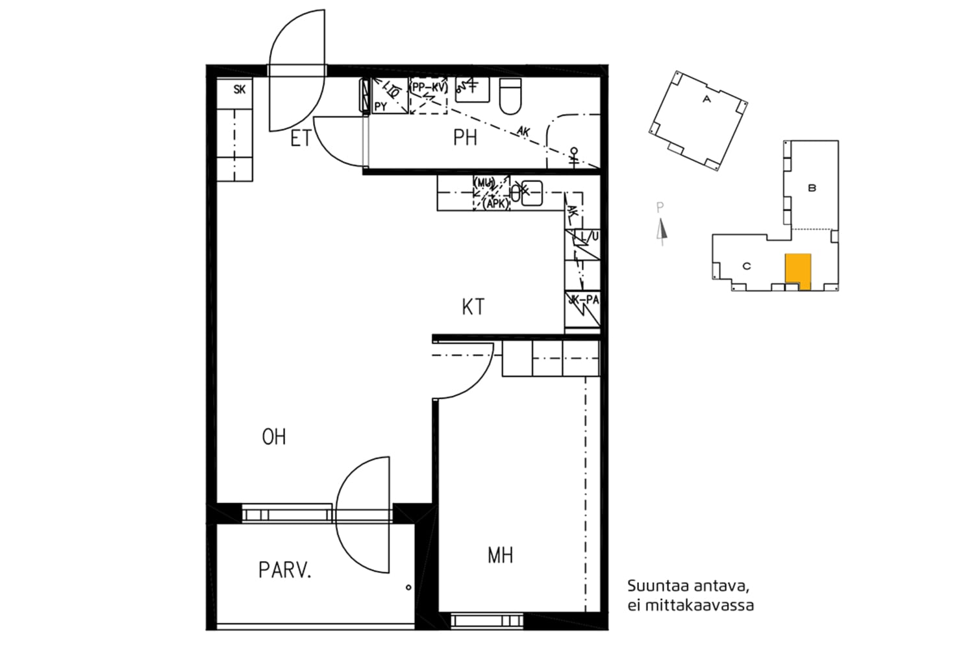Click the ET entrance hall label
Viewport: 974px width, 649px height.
pyautogui.click(x=300, y=139)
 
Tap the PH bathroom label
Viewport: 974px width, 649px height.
pyautogui.click(x=465, y=138)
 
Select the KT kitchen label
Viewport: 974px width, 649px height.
pyautogui.click(x=473, y=307)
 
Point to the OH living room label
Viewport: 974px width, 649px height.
pyautogui.click(x=274, y=437)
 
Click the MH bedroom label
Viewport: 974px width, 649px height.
pyautogui.click(x=500, y=556)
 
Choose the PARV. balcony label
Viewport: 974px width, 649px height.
pyautogui.click(x=285, y=571)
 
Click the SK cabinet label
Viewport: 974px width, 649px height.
pyautogui.click(x=240, y=90)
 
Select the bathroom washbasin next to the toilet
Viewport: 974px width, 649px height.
pyautogui.click(x=471, y=90)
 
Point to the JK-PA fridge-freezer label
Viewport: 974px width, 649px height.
pyautogui.click(x=584, y=300)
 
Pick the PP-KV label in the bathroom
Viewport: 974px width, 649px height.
pyautogui.click(x=429, y=86)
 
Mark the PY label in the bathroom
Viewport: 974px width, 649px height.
pyautogui.click(x=381, y=106)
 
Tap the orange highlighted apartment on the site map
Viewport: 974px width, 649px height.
pyautogui.click(x=797, y=269)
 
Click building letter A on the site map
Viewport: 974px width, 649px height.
pyautogui.click(x=706, y=99)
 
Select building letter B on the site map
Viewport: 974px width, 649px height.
pyautogui.click(x=812, y=188)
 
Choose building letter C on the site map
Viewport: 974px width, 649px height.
pyautogui.click(x=747, y=266)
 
